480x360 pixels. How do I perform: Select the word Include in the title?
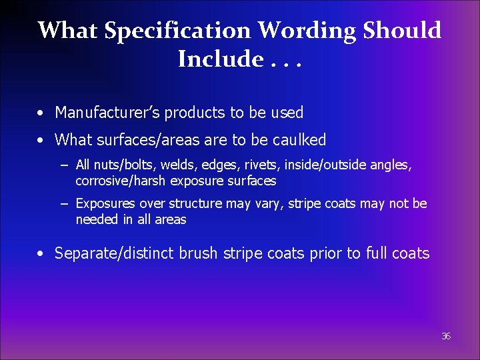point(221,59)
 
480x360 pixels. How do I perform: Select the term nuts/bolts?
point(117,165)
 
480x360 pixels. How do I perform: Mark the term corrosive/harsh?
point(121,181)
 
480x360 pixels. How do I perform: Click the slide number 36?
point(446,337)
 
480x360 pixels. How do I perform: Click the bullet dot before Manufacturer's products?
point(41,113)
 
